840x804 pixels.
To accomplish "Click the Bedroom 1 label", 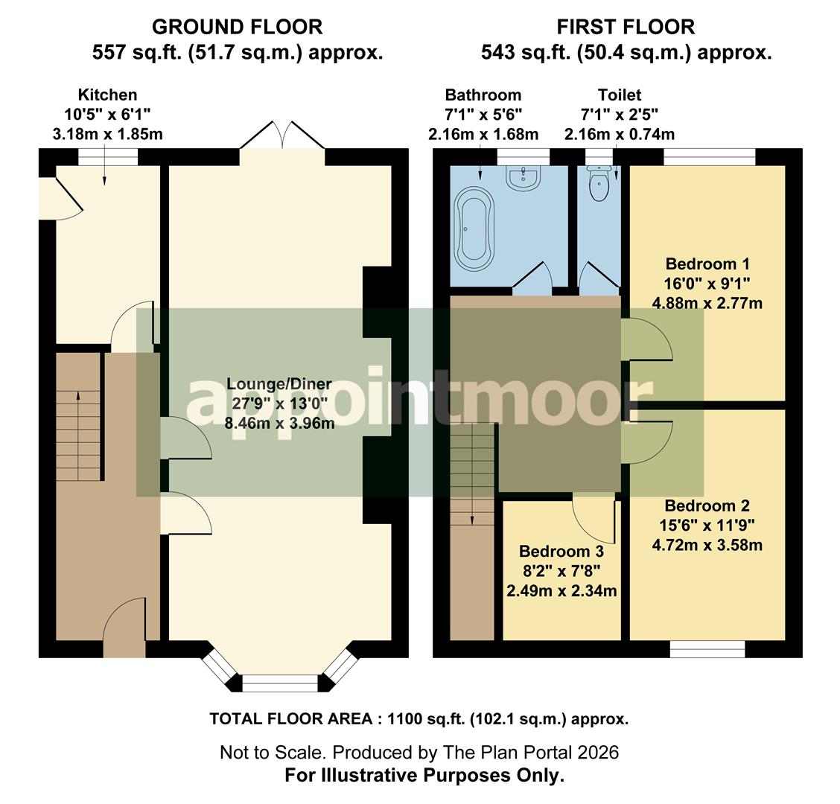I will (707, 264).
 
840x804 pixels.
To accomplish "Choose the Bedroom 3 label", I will (561, 552).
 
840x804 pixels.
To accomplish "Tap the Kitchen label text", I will (108, 95).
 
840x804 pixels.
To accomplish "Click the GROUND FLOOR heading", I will (237, 28).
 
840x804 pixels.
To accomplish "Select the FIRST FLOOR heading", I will (626, 28).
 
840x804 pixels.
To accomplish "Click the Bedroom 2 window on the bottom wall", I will (707, 649).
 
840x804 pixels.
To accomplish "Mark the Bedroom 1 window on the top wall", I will (709, 156).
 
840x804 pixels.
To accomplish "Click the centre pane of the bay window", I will (281, 683).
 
